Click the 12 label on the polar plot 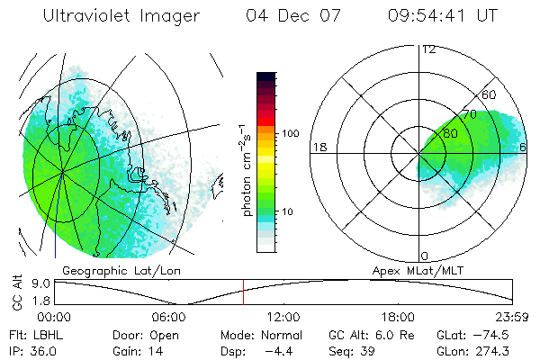pyautogui.click(x=428, y=49)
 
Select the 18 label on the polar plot pyautogui.click(x=319, y=147)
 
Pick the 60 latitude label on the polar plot pyautogui.click(x=490, y=94)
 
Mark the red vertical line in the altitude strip pyautogui.click(x=243, y=292)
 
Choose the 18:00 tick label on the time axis pyautogui.click(x=398, y=317)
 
